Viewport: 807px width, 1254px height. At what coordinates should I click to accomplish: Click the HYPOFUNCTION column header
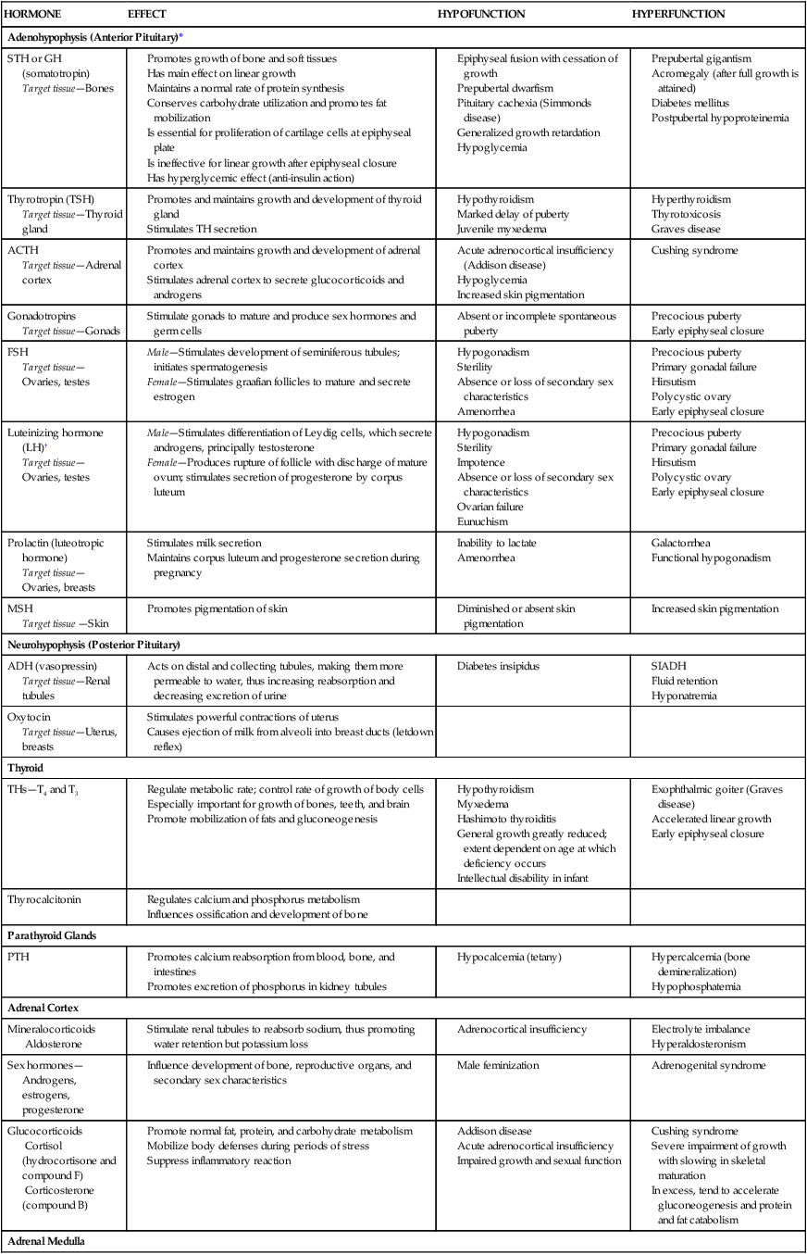tap(480, 14)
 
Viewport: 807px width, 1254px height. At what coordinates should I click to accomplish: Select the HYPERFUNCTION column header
tap(677, 14)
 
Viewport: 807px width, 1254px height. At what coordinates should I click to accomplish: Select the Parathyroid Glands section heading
tap(51, 935)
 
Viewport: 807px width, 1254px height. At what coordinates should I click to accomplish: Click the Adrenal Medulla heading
tap(46, 1240)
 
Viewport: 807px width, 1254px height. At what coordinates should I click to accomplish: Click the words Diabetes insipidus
tap(499, 666)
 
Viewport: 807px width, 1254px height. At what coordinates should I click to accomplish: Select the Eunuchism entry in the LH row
tap(482, 521)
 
